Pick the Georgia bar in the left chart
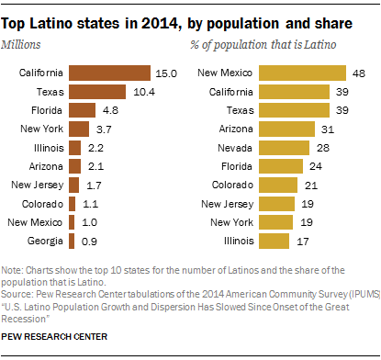coord(72,241)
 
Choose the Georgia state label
coord(45,241)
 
